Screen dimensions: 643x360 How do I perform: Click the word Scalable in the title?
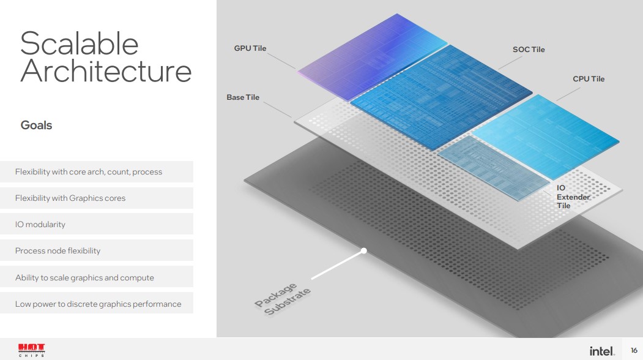[x=79, y=43]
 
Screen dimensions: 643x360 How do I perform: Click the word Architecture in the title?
[x=106, y=70]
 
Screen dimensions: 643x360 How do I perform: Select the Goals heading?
[x=37, y=125]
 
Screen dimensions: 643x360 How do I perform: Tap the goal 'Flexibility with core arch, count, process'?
[x=89, y=171]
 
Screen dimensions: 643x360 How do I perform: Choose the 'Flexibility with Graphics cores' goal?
[x=70, y=198]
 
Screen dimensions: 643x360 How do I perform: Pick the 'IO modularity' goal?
[x=40, y=225]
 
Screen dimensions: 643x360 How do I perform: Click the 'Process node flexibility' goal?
[x=58, y=251]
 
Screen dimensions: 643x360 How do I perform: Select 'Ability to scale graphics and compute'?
[x=84, y=277]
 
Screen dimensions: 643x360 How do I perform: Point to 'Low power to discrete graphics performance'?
[x=98, y=304]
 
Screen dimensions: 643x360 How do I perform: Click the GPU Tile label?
[x=250, y=48]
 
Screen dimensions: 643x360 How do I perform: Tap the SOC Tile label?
[x=529, y=49]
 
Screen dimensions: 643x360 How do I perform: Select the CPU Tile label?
[x=589, y=79]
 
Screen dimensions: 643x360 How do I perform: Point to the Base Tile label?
[x=243, y=97]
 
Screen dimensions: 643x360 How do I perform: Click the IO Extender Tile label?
[x=573, y=197]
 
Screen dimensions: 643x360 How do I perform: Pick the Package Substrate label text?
[x=282, y=299]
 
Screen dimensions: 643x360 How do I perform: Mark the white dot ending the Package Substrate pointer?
[x=364, y=250]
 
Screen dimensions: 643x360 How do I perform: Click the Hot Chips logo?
[x=32, y=350]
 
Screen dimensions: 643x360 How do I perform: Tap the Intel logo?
[x=602, y=351]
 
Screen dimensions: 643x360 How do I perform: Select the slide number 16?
[x=634, y=350]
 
